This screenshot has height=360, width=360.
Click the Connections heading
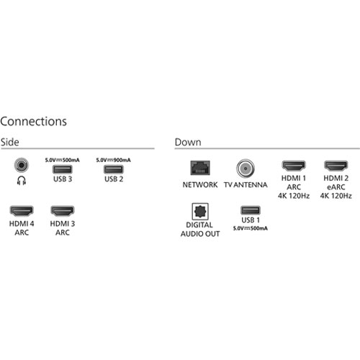[x=34, y=122]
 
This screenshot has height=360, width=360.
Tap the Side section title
[x=10, y=142]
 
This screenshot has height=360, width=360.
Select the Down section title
[x=188, y=142]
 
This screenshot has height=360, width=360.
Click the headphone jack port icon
[x=22, y=165]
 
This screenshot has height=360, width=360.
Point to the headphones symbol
[x=22, y=181]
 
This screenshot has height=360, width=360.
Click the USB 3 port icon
[x=63, y=169]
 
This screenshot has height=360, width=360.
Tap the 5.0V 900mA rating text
[x=113, y=160]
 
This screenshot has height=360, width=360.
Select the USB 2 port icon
[x=114, y=169]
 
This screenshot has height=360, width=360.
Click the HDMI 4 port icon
[x=22, y=211]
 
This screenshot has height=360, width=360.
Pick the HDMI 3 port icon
[x=63, y=211]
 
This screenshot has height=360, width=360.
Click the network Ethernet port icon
[x=200, y=168]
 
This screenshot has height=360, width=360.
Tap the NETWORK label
[x=200, y=185]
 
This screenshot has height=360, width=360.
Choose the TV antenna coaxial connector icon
[x=246, y=168]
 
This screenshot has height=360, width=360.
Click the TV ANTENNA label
[x=246, y=185]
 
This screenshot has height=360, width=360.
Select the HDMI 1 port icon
[x=294, y=166]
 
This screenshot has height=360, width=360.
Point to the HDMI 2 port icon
[x=336, y=166]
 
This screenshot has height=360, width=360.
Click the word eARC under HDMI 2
[x=336, y=187]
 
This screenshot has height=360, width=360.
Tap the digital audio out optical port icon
[x=200, y=212]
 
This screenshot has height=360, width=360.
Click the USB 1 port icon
[x=251, y=210]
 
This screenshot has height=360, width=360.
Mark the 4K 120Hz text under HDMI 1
[x=294, y=196]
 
